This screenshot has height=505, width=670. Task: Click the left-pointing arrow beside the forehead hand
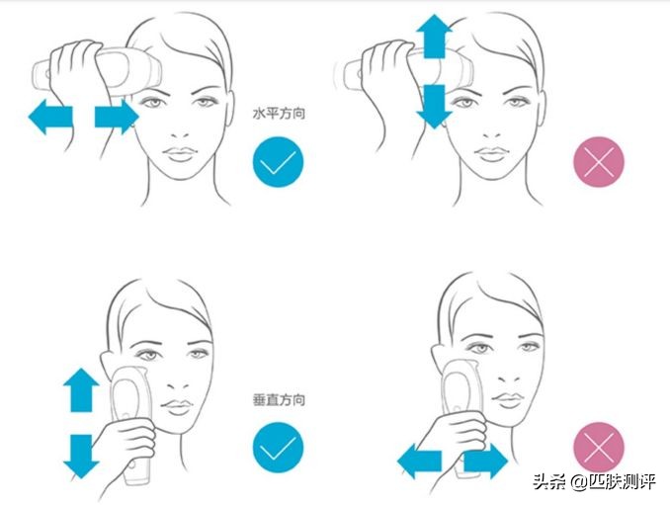coord(50,117)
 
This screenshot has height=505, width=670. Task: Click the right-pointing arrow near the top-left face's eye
coord(117,117)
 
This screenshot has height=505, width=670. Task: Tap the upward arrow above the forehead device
coord(434,36)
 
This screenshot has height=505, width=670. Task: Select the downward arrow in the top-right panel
coord(434,107)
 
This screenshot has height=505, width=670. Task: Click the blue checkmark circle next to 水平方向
coord(278,161)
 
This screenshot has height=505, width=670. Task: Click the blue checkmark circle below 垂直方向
coord(278,448)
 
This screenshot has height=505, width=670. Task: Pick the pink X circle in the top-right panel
coord(599,161)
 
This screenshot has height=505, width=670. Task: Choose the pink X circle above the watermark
coord(599,448)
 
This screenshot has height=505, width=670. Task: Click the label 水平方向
coord(279,114)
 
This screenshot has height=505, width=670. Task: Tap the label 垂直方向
coord(279,400)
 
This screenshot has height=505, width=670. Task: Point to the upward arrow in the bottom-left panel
coord(81,390)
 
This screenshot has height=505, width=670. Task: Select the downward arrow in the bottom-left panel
coord(81,457)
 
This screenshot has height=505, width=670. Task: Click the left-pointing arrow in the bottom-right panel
coord(420,462)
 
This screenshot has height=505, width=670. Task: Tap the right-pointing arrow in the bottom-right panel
coord(486,462)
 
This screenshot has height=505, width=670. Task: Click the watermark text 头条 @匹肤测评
coord(594,482)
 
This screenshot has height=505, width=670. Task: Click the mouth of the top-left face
coord(180,153)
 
